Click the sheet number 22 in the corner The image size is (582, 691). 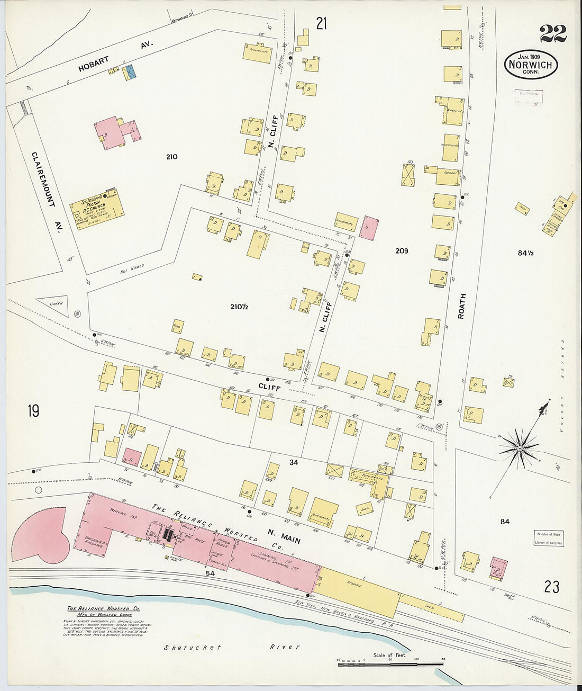coord(553,34)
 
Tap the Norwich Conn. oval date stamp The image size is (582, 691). coord(530,65)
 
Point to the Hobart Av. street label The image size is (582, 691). coord(115,57)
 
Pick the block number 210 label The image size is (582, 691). coord(171,157)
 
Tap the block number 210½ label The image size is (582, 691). coord(239,306)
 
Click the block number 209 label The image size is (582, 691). coord(402,251)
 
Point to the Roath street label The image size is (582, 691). coord(461,306)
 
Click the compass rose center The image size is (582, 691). coord(520,448)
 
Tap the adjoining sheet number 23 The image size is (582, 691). coord(551,587)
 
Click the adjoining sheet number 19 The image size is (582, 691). coord(33,411)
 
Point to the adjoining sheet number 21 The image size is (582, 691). coord(322,23)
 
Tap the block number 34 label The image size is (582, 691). coord(294,462)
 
